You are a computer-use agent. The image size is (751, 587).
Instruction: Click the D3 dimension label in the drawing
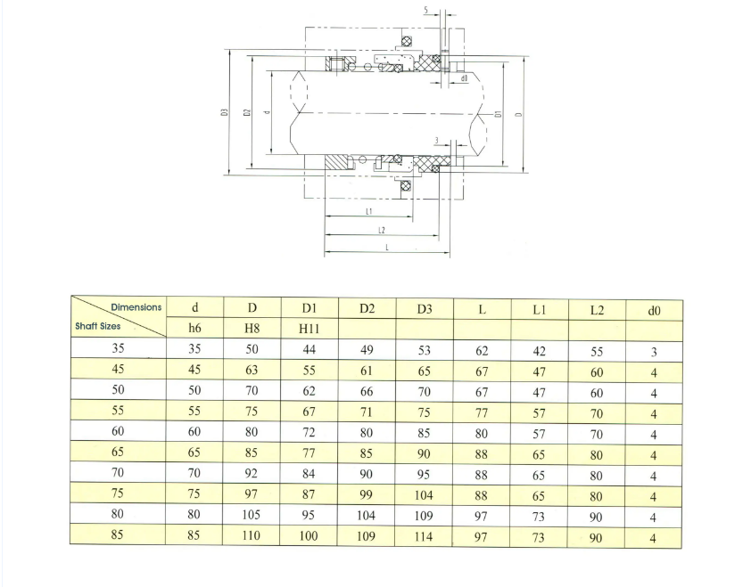[224, 112]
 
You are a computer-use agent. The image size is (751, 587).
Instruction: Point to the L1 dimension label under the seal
[368, 211]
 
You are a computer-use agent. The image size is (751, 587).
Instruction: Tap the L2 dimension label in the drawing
[381, 230]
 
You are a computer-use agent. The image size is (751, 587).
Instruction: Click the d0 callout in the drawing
[464, 78]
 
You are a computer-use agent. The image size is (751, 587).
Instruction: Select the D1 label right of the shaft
[498, 114]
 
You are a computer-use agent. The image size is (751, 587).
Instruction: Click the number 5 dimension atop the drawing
[425, 10]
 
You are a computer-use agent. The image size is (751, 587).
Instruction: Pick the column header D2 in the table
[367, 308]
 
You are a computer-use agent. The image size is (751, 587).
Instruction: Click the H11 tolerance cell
[309, 329]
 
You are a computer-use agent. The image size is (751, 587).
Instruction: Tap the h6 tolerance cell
[194, 328]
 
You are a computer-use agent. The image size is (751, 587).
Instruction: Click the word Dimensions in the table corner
[136, 307]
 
